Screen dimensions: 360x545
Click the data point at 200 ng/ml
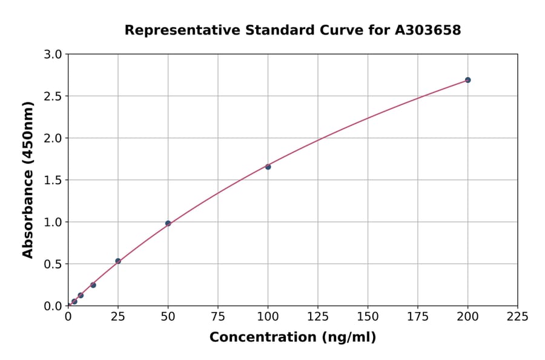(467, 80)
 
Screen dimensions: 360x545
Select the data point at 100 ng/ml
(268, 167)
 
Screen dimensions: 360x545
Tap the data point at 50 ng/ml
(168, 224)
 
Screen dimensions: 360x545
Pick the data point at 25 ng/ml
(118, 261)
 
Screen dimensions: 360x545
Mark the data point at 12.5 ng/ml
(93, 285)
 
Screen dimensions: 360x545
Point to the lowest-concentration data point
(74, 301)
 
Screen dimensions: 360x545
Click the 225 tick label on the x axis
(517, 316)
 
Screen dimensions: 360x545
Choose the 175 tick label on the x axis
(417, 316)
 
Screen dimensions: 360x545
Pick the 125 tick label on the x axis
(317, 316)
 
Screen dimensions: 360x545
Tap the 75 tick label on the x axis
(218, 316)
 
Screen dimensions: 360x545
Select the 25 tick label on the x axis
(118, 316)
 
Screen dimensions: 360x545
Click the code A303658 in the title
(428, 30)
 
